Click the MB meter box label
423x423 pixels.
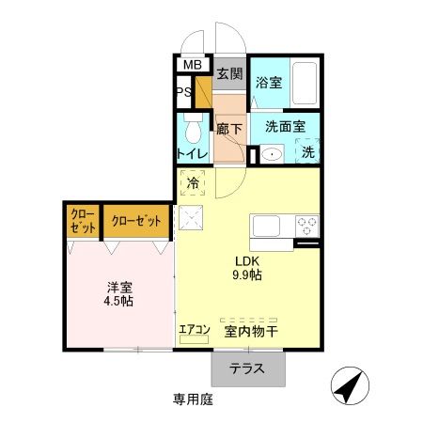[x=192, y=65]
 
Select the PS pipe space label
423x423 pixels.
[x=184, y=92]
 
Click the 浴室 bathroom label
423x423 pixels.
[x=268, y=83]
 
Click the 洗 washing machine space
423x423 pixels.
[x=307, y=151]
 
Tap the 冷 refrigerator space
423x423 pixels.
[x=193, y=183]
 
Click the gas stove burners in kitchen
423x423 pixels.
[x=306, y=227]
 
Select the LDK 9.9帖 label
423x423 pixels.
[x=247, y=269]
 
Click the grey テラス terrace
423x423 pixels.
[x=247, y=368]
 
